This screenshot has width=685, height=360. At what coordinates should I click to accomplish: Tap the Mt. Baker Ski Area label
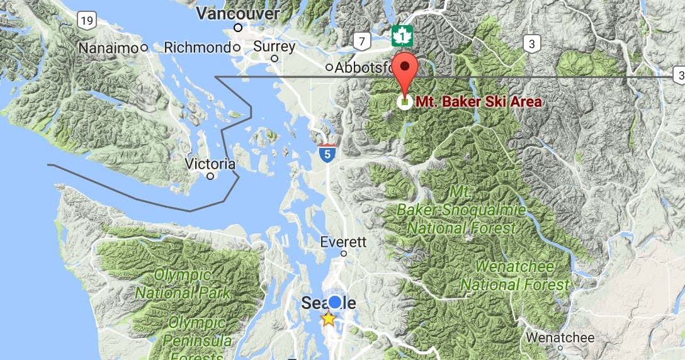pyautogui.click(x=478, y=101)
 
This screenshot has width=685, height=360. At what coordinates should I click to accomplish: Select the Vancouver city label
pyautogui.click(x=238, y=14)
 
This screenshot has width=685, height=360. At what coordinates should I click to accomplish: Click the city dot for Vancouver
pyautogui.click(x=238, y=28)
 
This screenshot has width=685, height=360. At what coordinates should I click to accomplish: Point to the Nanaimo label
pyautogui.click(x=109, y=47)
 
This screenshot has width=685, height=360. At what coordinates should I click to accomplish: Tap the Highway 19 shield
pyautogui.click(x=87, y=21)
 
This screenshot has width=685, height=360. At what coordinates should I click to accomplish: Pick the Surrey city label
pyautogui.click(x=274, y=47)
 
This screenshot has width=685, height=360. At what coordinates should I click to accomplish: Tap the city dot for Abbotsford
pyautogui.click(x=329, y=67)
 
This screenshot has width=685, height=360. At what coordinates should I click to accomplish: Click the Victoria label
pyautogui.click(x=210, y=164)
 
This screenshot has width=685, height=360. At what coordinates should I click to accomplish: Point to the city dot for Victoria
pyautogui.click(x=211, y=176)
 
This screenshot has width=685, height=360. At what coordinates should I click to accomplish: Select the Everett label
pyautogui.click(x=343, y=242)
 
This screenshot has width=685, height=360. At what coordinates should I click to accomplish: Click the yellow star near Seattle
pyautogui.click(x=328, y=319)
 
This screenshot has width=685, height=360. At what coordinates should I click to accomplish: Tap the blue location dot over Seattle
pyautogui.click(x=335, y=303)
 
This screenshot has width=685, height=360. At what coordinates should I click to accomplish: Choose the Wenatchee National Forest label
pyautogui.click(x=515, y=276)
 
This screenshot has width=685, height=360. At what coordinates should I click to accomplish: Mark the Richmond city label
pyautogui.click(x=197, y=47)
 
